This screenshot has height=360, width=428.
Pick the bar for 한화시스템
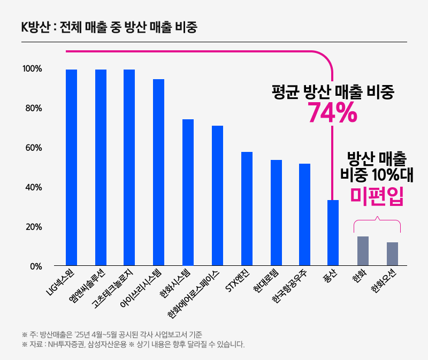pos(188,193)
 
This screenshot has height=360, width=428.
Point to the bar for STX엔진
pos(247,209)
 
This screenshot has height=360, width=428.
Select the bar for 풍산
pos(333,233)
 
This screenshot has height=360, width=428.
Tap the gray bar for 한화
pos(363,251)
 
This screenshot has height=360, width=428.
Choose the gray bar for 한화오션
pos(392,254)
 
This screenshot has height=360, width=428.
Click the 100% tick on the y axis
pos(32,69)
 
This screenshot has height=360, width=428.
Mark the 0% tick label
pos(36,266)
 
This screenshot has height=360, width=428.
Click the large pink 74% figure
pos(332,112)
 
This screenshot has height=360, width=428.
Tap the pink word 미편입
pos(377,196)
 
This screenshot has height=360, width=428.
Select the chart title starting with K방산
pos(109,27)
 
